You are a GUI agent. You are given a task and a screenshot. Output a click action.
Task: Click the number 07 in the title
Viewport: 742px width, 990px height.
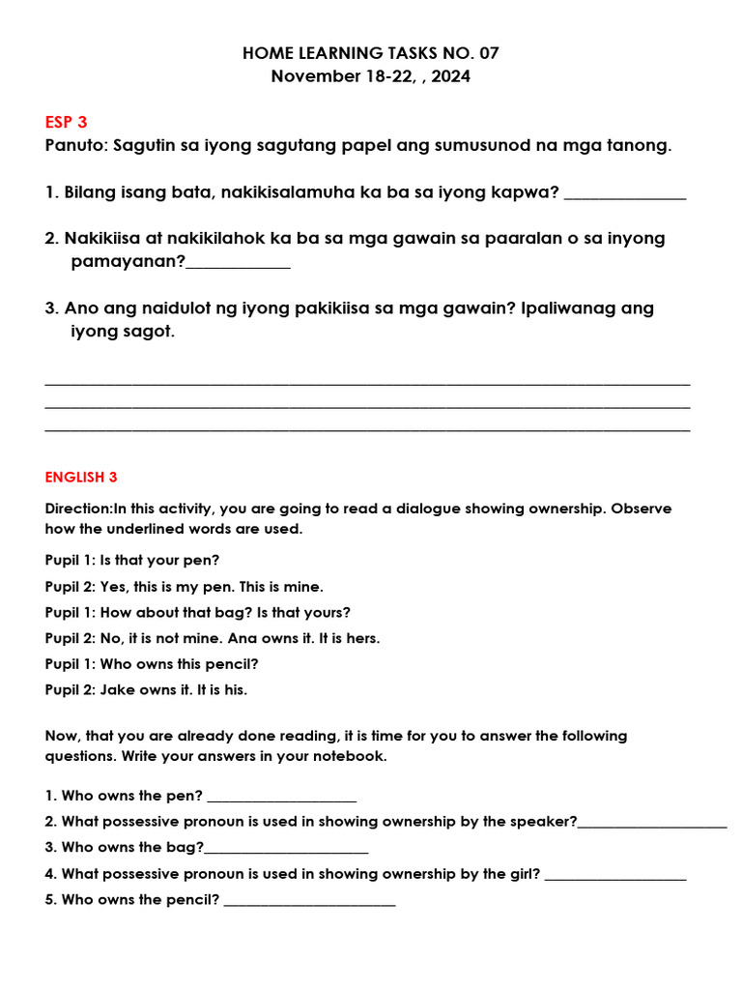(488, 53)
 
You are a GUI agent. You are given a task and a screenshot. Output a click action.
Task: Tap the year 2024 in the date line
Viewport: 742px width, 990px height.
(451, 76)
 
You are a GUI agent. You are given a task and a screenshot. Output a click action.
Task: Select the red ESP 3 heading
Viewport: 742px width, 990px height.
(66, 122)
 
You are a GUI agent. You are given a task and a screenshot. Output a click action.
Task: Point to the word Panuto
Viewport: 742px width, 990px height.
(76, 146)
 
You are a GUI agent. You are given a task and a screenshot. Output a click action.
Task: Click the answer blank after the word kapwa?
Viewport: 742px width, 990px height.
(624, 194)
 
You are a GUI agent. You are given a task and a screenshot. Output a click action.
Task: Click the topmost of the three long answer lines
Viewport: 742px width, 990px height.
(367, 384)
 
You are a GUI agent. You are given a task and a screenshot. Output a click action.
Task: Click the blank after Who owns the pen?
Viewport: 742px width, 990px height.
(282, 798)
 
